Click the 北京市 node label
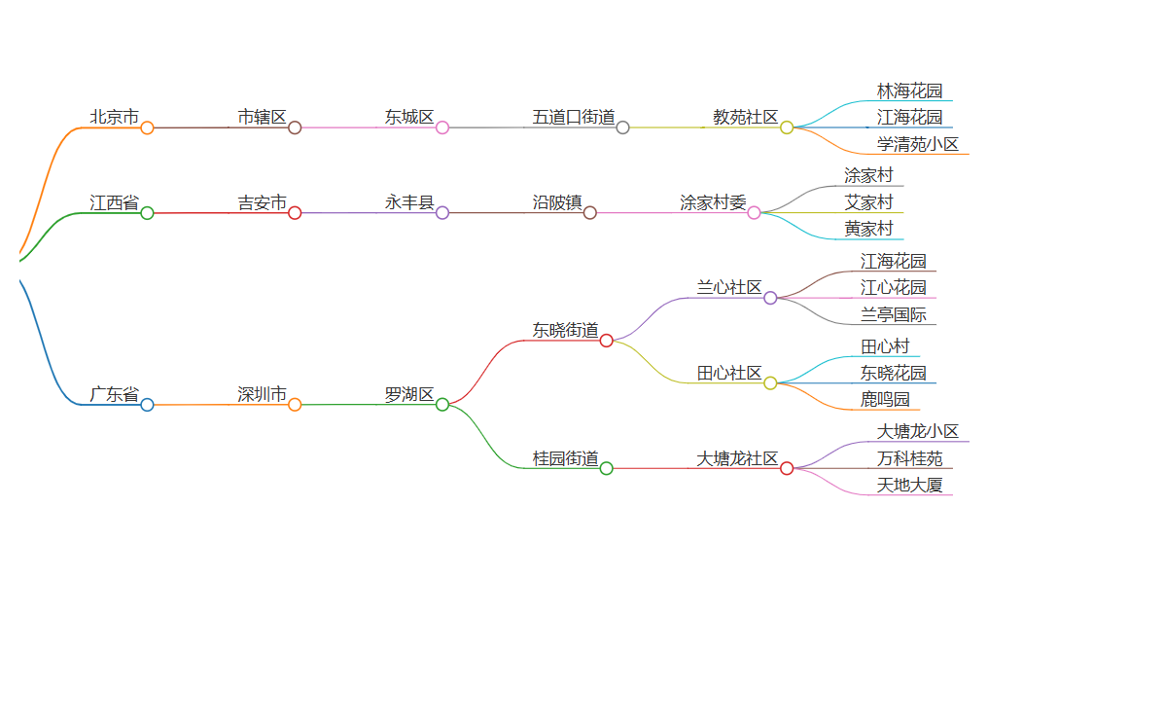(115, 117)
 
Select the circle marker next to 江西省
(147, 213)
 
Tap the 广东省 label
(115, 394)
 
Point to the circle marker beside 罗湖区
(442, 405)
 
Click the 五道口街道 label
(574, 117)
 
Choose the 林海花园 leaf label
(909, 91)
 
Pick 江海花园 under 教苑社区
(909, 118)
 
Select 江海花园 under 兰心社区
(893, 261)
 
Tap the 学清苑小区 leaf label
(917, 145)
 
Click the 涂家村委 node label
(713, 202)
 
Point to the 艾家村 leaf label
(868, 202)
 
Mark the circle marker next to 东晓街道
(606, 341)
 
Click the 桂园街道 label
(565, 458)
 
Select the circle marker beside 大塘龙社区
(787, 469)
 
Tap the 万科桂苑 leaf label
(909, 458)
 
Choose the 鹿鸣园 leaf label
(885, 399)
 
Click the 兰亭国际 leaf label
(893, 314)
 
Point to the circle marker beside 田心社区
(770, 383)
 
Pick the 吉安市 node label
(263, 202)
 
